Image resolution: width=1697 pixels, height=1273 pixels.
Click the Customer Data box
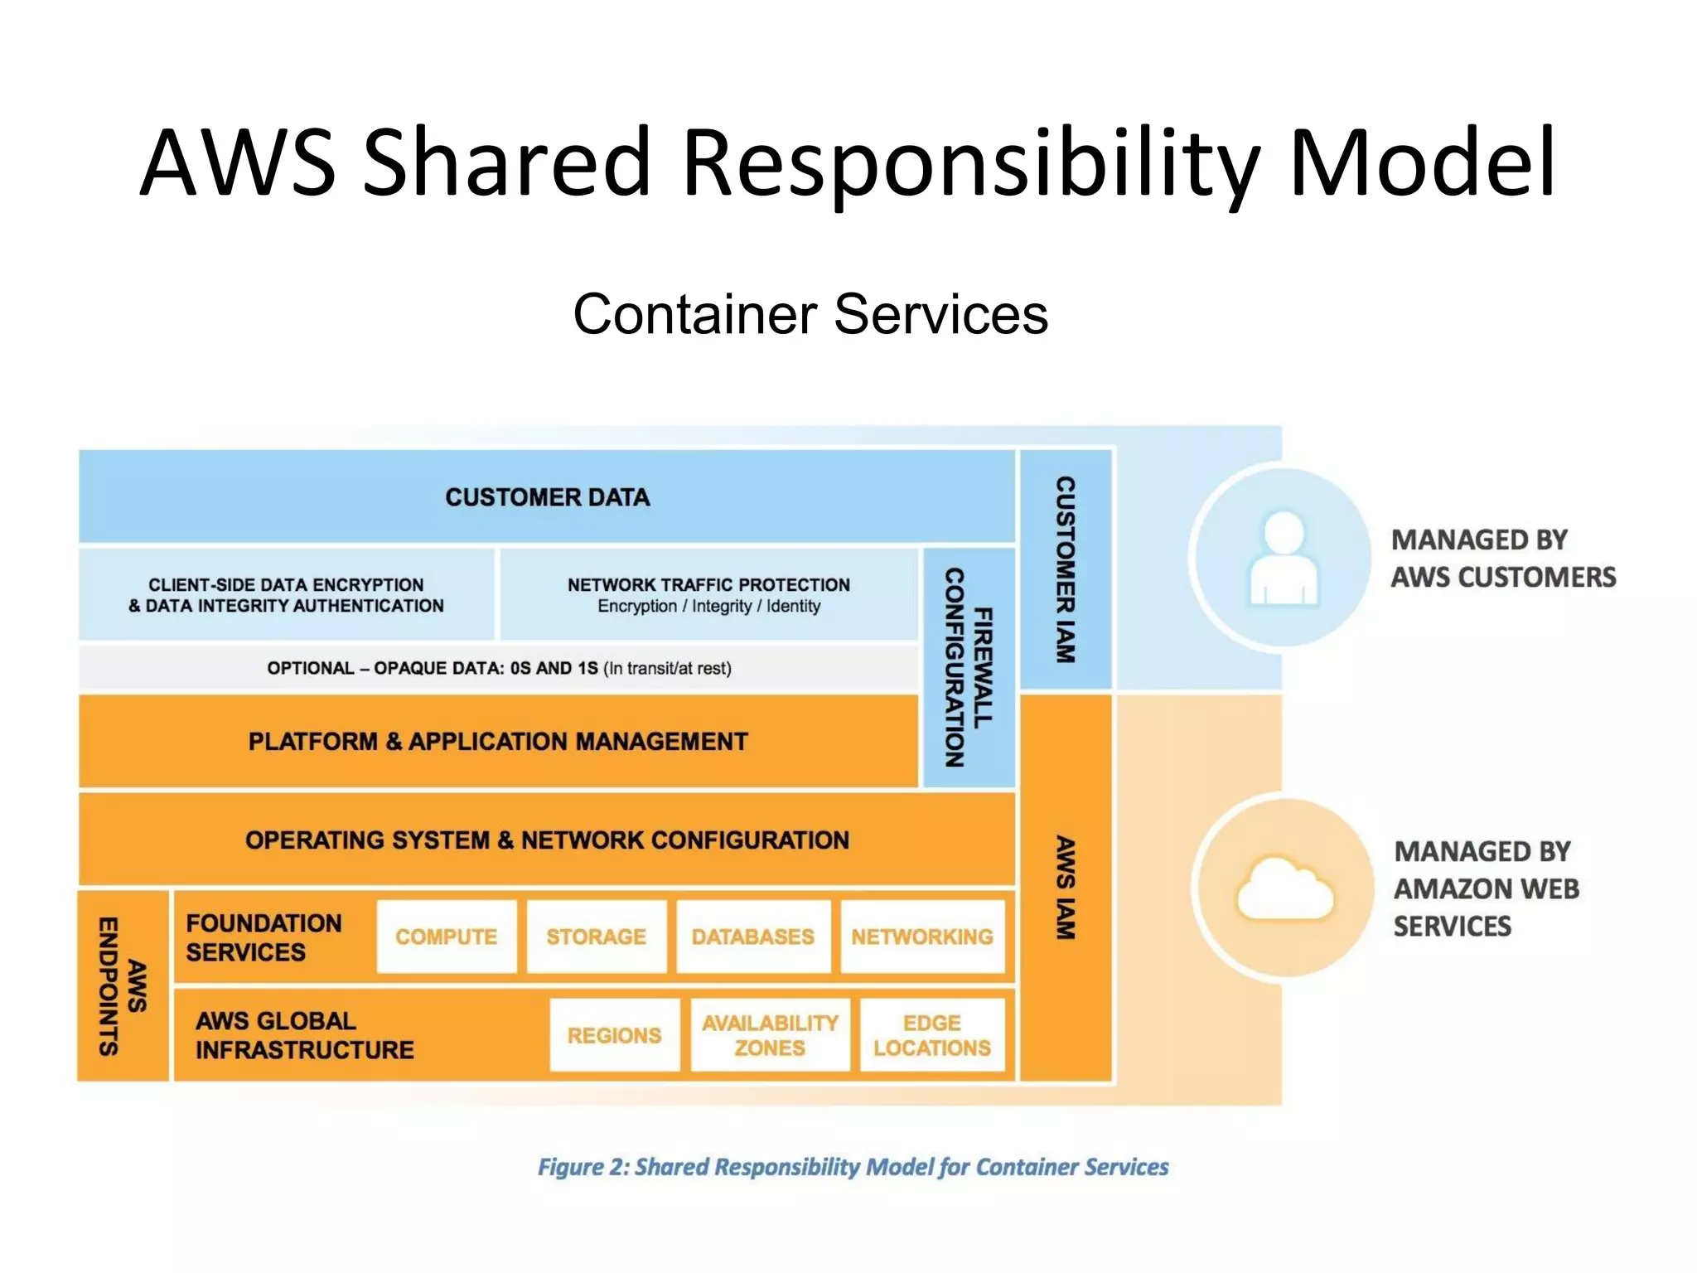click(x=547, y=496)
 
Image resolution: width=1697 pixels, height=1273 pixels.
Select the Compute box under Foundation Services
click(x=447, y=937)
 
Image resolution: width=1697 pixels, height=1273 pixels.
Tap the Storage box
click(x=596, y=937)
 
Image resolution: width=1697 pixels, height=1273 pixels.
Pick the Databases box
click(x=752, y=937)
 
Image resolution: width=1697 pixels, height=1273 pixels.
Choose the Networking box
click(x=921, y=937)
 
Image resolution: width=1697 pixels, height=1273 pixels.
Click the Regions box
click(x=614, y=1034)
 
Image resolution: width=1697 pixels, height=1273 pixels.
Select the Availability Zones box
click(x=770, y=1034)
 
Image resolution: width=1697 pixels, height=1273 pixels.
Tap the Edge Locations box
click(x=931, y=1034)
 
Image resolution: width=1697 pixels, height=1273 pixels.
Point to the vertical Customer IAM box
click(x=1065, y=569)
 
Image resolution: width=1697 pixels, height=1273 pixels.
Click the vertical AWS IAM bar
click(x=1065, y=887)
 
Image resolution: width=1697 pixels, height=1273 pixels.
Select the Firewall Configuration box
click(x=968, y=667)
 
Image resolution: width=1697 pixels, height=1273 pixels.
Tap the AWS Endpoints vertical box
click(x=123, y=985)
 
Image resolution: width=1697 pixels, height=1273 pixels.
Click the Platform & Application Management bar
click(x=497, y=741)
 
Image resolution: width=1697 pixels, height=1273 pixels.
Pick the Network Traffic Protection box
click(x=708, y=594)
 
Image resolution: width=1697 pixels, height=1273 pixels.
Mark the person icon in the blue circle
click(x=1283, y=557)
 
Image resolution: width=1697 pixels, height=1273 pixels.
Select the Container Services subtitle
click(x=810, y=314)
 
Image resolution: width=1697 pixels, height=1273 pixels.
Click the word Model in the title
click(x=1422, y=162)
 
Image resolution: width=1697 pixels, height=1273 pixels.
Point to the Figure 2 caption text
click(x=853, y=1167)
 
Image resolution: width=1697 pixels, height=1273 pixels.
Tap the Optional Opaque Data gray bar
click(x=499, y=668)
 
